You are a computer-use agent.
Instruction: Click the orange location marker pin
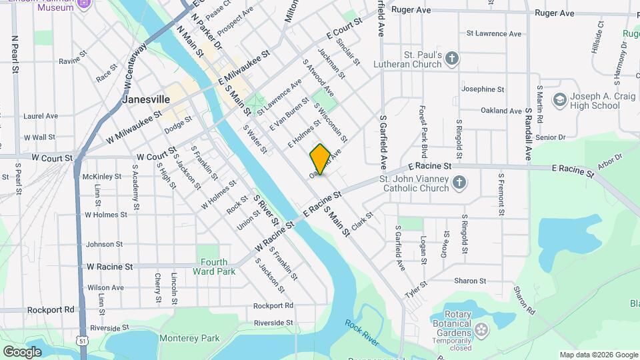(320, 159)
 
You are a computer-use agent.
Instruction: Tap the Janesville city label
(146, 99)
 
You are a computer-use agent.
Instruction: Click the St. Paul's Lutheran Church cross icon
(452, 59)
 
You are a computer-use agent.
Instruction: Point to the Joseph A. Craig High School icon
(559, 100)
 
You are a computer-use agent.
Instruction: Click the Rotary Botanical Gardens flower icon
(481, 329)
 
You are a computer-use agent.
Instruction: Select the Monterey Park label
(189, 338)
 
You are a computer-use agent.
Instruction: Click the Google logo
(22, 351)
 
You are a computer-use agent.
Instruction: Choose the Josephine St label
(483, 89)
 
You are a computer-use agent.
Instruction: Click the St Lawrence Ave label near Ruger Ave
(493, 33)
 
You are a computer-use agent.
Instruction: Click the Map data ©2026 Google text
(598, 355)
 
